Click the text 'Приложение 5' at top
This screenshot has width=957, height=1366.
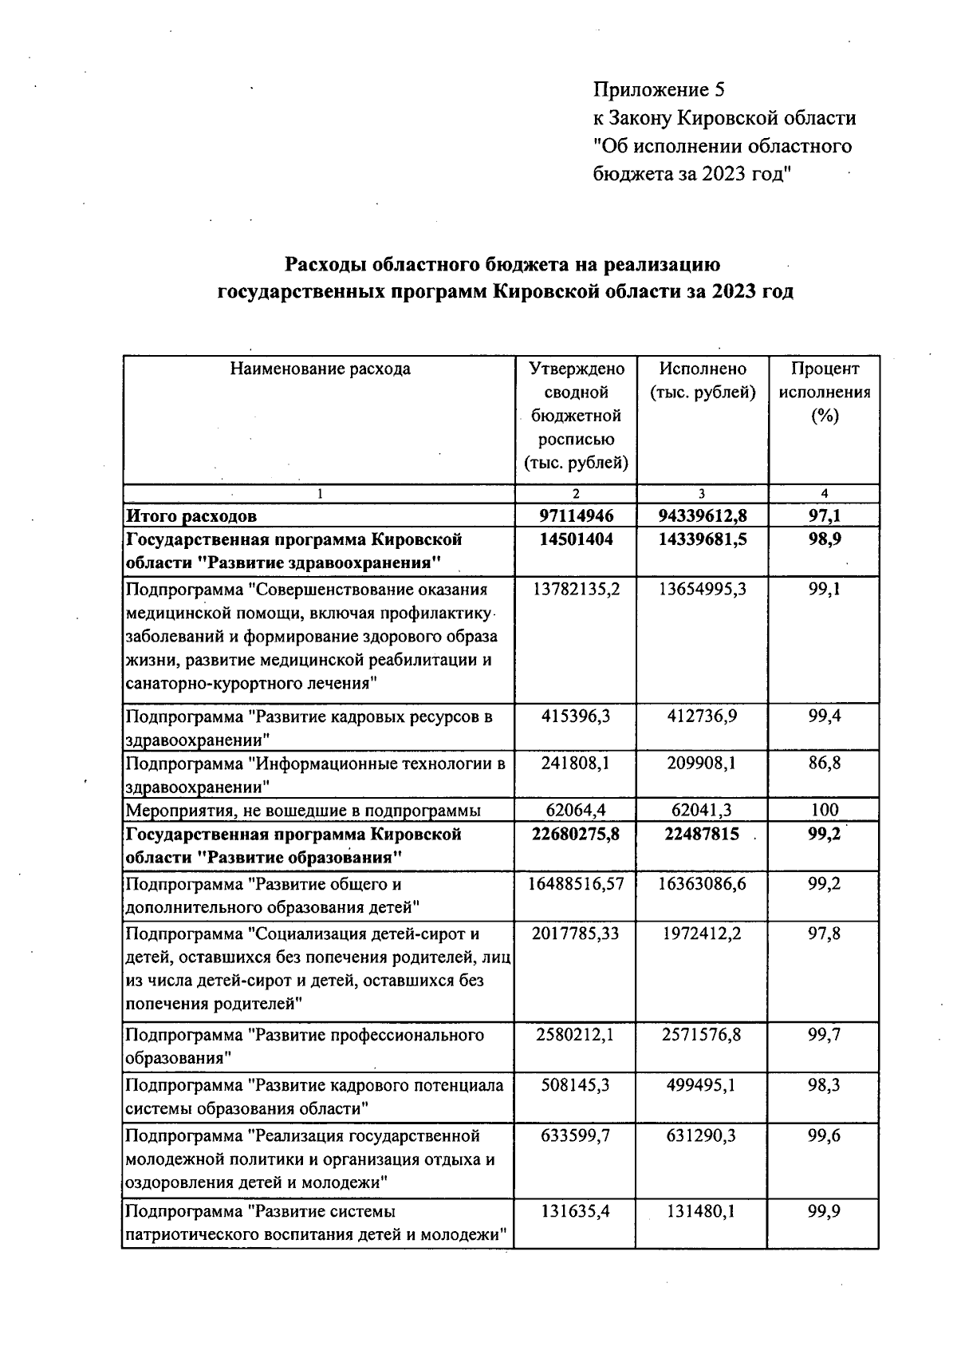659,89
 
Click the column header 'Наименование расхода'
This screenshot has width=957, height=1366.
321,369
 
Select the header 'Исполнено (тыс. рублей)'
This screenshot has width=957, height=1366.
703,381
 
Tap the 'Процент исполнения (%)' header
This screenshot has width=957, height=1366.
825,392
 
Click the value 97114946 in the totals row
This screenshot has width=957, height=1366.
577,515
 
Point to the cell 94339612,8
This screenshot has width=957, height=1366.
703,515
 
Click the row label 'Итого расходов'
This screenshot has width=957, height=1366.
192,516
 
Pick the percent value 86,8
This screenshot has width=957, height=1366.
825,763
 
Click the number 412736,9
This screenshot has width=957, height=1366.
703,716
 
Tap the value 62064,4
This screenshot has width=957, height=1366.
577,811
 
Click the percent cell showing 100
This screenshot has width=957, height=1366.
825,811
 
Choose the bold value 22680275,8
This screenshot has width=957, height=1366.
577,835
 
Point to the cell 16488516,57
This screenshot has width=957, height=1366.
577,884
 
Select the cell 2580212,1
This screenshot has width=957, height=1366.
577,1035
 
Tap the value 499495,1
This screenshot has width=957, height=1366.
703,1085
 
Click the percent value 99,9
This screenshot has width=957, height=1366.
825,1211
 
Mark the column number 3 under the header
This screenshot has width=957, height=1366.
703,494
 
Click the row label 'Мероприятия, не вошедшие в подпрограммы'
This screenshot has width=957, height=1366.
304,811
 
